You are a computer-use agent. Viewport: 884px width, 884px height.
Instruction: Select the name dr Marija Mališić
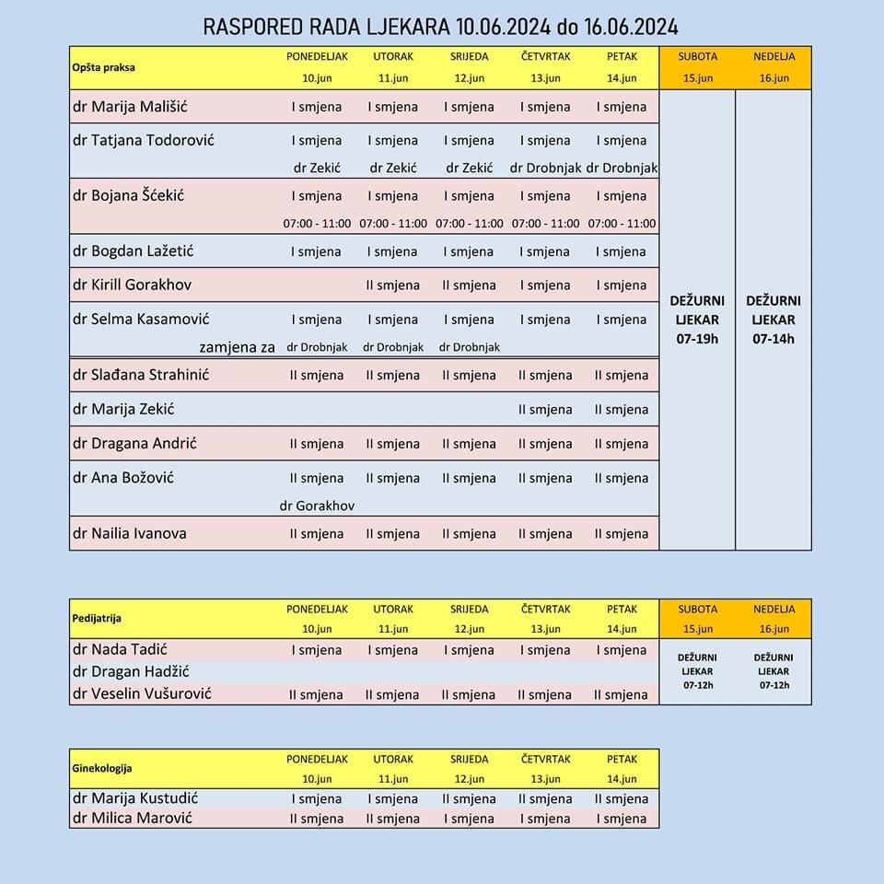click(x=129, y=106)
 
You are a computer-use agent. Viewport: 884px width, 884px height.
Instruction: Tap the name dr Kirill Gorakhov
click(x=132, y=285)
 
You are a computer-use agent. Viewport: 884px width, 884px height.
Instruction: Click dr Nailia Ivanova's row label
click(x=129, y=532)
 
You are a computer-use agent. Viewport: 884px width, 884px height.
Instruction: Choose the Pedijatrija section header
click(x=97, y=619)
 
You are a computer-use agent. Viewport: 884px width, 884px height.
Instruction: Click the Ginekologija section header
click(x=102, y=768)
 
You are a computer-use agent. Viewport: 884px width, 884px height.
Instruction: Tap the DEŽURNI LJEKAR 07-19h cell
click(x=697, y=320)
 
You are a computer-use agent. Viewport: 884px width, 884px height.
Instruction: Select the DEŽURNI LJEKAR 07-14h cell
click(x=773, y=320)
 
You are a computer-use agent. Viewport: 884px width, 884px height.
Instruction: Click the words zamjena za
click(x=238, y=347)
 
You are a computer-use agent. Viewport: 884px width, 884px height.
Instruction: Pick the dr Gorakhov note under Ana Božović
click(x=317, y=506)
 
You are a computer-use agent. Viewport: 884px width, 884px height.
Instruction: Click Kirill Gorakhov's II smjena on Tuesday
click(x=393, y=285)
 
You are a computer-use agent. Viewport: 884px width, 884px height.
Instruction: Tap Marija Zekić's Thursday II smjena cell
click(x=545, y=410)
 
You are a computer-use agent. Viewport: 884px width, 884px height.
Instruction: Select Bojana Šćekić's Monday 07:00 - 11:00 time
click(x=317, y=224)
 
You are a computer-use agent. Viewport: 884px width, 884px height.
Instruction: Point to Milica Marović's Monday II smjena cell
click(x=317, y=819)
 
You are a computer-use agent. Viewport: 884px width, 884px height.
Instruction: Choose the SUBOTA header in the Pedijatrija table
click(x=697, y=610)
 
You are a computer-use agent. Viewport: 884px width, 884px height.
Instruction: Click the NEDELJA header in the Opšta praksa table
click(x=773, y=56)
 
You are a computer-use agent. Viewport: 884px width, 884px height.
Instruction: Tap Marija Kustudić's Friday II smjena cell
click(x=622, y=799)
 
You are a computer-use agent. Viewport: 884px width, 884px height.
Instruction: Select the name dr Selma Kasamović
click(x=141, y=319)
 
